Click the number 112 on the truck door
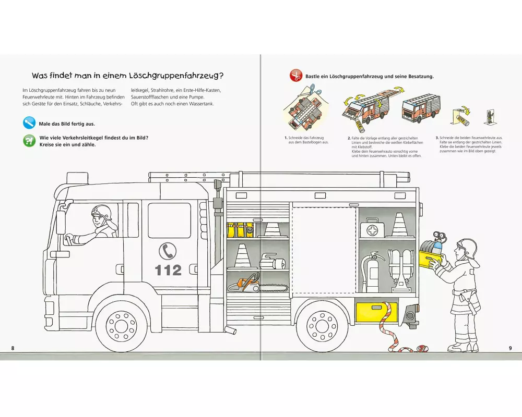point(168,270)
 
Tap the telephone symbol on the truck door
point(168,251)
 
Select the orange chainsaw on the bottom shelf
point(244,285)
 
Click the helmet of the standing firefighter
point(467,249)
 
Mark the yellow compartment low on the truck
point(376,312)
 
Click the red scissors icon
point(296,76)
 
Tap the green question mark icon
point(29,141)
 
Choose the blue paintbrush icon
point(29,124)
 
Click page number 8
point(13,348)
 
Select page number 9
point(510,348)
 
